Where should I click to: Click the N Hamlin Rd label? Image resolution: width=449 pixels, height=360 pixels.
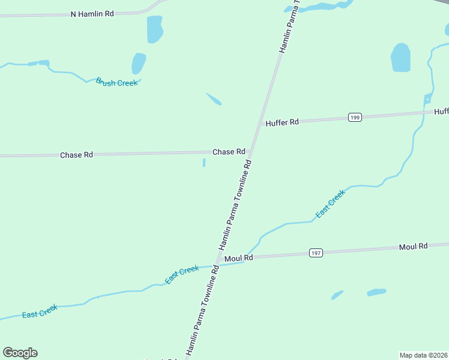92,13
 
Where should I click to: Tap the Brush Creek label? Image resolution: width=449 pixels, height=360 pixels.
116,82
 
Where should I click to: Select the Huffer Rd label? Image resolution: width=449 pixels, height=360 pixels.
282,122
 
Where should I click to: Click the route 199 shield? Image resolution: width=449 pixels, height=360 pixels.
354,118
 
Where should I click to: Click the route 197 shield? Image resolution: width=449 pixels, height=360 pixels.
316,253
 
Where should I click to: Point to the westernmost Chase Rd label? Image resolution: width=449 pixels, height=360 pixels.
76,155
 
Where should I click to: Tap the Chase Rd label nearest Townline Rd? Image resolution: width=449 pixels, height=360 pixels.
229,152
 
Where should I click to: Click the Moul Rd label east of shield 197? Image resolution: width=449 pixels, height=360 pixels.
413,247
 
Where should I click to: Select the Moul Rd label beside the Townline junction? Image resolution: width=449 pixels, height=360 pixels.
238,258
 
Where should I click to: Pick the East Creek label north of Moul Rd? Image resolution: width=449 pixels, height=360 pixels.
331,203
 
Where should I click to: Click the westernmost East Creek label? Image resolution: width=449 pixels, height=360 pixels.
40,311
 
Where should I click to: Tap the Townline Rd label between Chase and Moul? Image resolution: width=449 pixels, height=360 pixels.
235,205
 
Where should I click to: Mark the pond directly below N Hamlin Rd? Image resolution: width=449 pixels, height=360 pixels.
155,29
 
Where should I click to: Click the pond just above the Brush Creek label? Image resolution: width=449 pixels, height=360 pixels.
139,63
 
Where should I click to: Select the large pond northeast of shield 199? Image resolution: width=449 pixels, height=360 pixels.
400,58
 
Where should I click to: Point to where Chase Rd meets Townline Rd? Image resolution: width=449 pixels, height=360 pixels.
252,151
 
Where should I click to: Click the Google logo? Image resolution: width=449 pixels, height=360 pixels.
20,353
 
